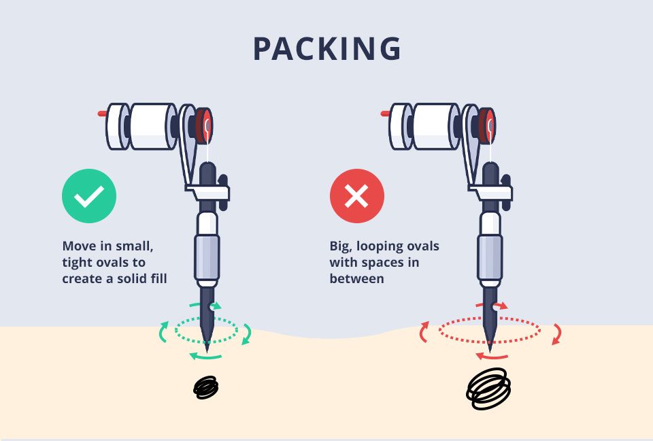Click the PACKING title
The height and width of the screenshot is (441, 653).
[x=326, y=49]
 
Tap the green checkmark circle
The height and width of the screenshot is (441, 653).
[x=89, y=197]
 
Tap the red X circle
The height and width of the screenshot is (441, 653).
[x=356, y=197]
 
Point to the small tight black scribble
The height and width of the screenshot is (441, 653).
[x=205, y=388]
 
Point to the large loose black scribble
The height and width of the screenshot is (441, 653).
[x=488, y=389]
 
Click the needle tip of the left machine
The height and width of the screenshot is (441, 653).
[x=206, y=349]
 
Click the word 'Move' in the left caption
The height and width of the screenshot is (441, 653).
[x=79, y=246]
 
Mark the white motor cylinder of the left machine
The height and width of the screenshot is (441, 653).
[x=151, y=126]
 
